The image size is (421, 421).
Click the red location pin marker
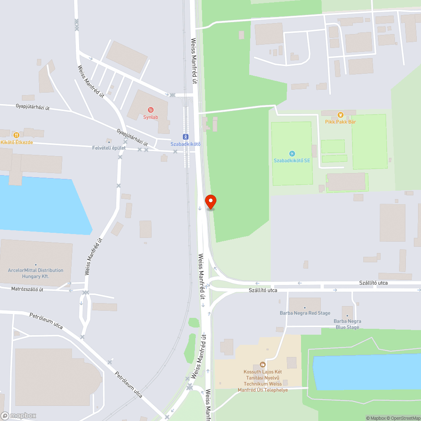(x=210, y=202)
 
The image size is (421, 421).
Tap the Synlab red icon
(x=150, y=110)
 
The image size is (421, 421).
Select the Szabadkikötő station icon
(x=185, y=136)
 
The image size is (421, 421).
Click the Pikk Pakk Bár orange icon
(x=341, y=115)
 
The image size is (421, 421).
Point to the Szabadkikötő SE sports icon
(x=292, y=154)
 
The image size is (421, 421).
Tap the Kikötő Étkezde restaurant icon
(x=16, y=135)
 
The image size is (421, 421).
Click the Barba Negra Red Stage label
(x=305, y=313)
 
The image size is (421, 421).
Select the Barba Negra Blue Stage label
(x=347, y=324)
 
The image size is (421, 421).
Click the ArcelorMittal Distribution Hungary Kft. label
(x=35, y=273)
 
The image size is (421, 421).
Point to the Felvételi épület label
(x=109, y=148)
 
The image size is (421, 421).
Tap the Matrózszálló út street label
(x=27, y=289)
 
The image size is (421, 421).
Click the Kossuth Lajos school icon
(x=263, y=365)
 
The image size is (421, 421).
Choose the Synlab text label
(x=150, y=117)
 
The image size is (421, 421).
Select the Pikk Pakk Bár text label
(x=341, y=122)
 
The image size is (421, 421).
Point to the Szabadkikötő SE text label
(x=292, y=160)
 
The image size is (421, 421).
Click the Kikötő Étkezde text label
(x=16, y=142)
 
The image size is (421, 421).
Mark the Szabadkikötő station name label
(x=185, y=144)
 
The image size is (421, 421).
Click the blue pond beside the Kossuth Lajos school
(x=366, y=373)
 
